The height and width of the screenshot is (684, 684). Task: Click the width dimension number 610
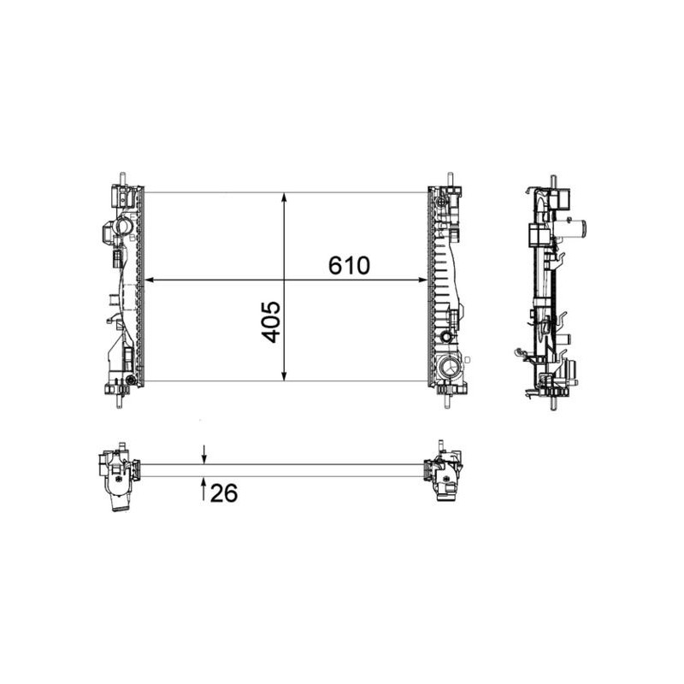(349, 265)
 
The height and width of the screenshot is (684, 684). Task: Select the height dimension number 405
(271, 321)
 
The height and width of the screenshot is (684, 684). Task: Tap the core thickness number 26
(224, 493)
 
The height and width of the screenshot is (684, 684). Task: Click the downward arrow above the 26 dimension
(203, 455)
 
